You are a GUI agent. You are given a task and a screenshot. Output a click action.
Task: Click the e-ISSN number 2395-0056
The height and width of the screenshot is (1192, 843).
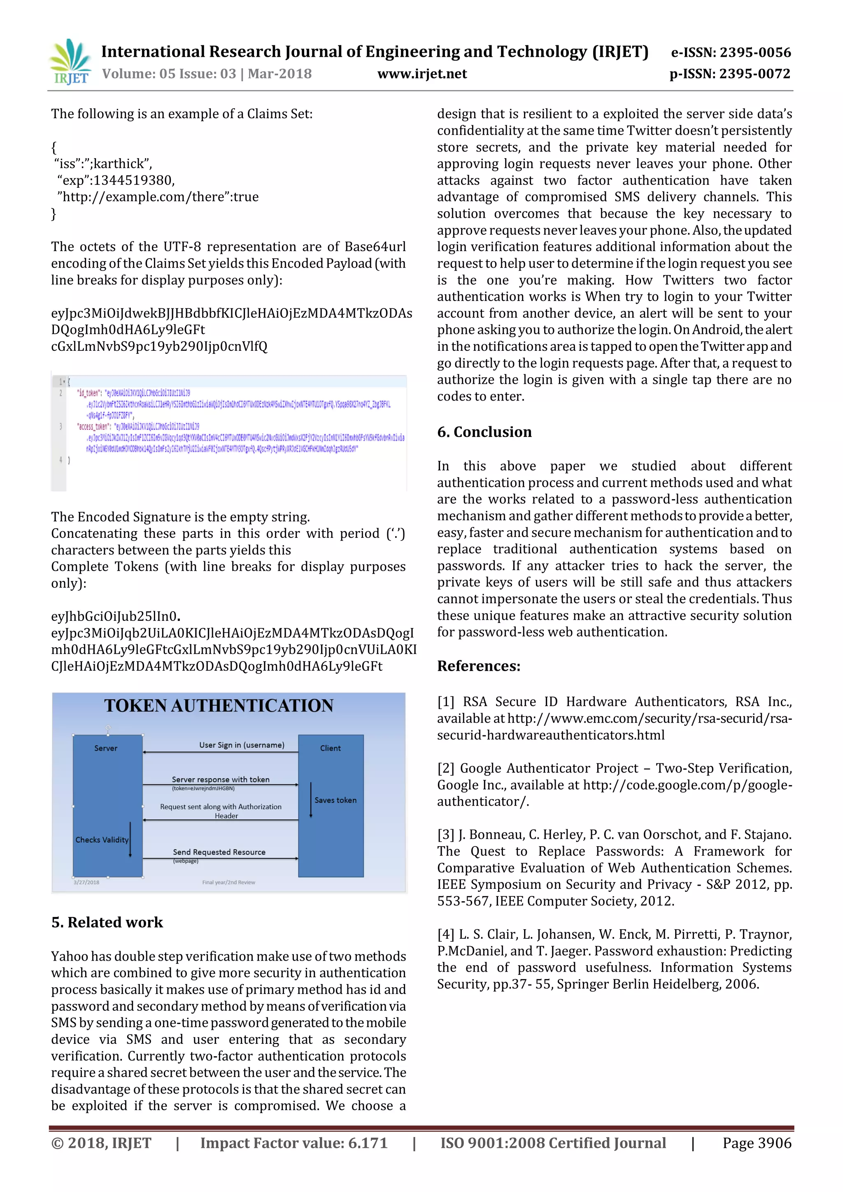click(755, 52)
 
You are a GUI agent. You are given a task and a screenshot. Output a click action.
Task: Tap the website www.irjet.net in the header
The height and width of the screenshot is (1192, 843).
click(422, 74)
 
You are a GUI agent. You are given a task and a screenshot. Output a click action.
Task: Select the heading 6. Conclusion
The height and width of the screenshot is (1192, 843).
click(484, 432)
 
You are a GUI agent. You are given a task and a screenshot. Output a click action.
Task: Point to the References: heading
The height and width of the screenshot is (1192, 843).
click(479, 666)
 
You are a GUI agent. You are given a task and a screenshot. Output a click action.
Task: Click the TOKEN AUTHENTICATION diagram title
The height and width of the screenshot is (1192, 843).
click(219, 706)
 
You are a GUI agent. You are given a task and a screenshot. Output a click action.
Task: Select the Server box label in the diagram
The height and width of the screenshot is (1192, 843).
click(106, 748)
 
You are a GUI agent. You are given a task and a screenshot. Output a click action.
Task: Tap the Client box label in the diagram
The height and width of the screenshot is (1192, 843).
click(330, 748)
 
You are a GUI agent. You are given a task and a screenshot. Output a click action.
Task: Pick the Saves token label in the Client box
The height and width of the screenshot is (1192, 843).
click(335, 800)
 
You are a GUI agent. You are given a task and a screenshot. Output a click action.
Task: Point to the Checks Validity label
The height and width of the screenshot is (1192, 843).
click(102, 840)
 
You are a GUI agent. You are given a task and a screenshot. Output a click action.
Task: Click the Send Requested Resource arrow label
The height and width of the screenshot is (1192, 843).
click(219, 852)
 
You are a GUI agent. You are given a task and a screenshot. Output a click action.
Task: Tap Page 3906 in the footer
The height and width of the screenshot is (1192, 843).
click(757, 1143)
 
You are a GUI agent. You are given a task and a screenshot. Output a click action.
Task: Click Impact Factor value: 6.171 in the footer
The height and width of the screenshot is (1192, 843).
click(294, 1143)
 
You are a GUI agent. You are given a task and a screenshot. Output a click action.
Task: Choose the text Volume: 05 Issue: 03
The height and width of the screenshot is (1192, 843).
click(169, 74)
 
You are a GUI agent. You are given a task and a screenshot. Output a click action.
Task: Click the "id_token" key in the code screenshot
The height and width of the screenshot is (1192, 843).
click(89, 393)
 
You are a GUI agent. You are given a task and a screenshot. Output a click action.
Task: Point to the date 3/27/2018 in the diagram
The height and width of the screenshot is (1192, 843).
click(86, 882)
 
